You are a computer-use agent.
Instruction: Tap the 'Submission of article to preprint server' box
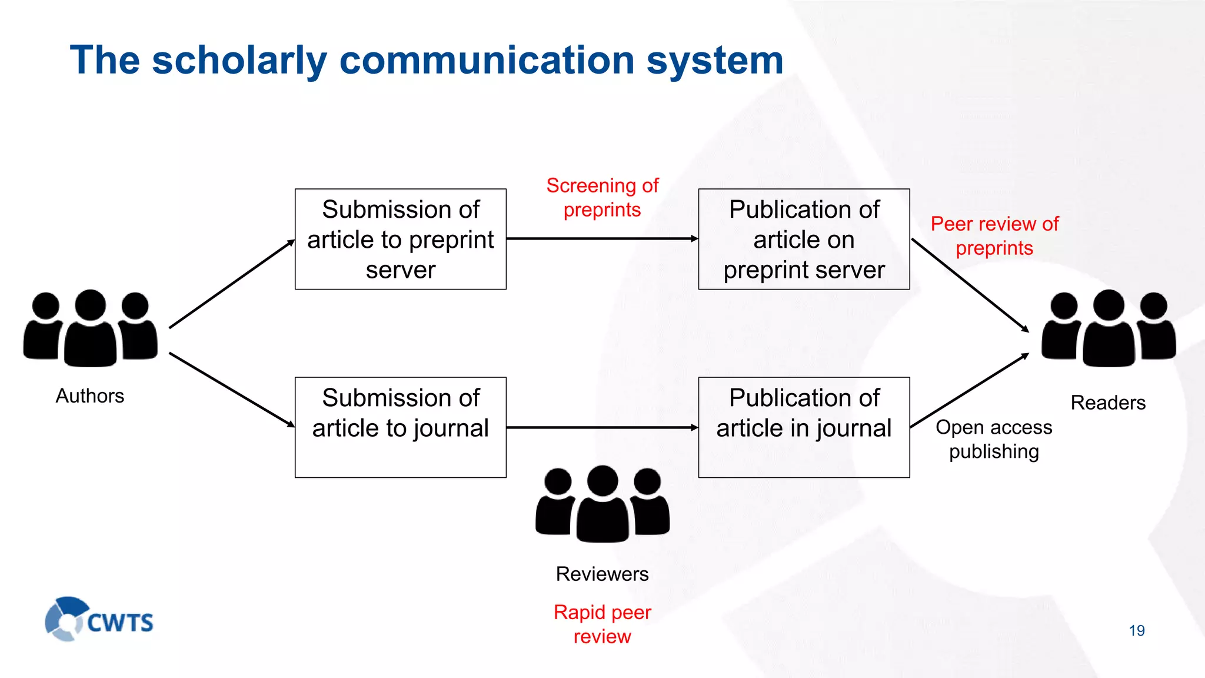400,239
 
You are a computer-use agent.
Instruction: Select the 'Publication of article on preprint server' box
804,239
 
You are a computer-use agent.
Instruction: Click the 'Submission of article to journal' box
400,427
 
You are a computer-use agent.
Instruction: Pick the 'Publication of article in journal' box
804,427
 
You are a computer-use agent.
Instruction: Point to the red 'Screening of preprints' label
602,198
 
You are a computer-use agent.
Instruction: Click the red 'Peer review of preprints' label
994,235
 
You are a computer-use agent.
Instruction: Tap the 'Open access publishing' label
994,439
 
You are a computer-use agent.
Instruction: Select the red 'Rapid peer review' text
602,624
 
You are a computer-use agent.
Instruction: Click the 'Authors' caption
89,396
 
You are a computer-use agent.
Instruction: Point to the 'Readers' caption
1108,403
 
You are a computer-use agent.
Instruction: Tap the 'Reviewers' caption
602,574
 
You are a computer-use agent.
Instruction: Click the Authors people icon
90,328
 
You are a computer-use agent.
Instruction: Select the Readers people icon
1109,328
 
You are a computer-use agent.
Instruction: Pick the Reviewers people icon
602,504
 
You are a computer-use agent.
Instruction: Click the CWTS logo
99,619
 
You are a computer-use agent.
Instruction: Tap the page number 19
1137,631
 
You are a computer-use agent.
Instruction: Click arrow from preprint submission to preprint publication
602,238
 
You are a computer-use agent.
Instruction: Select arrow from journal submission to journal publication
602,427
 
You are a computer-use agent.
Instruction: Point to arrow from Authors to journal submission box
232,390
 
